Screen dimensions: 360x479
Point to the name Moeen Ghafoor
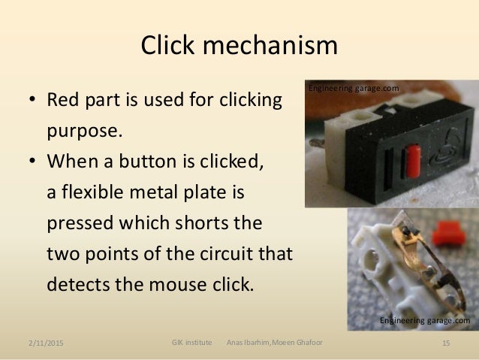click(297, 343)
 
